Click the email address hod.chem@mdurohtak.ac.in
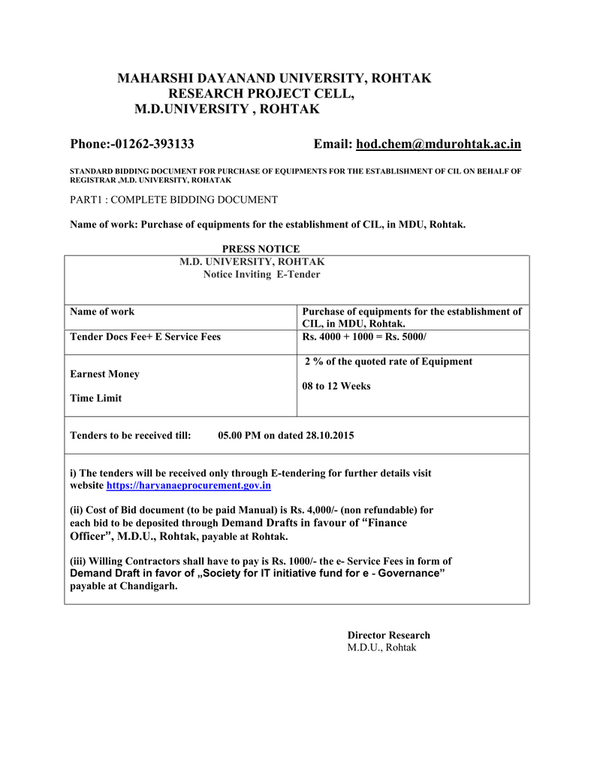439,144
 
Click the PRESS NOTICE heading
261,249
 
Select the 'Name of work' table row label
102,311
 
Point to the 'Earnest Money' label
104,374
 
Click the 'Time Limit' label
95,398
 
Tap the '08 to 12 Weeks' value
336,386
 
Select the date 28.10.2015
330,436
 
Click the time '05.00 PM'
240,436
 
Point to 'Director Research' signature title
388,635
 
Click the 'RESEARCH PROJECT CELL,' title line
261,94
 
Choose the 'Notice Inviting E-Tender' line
261,275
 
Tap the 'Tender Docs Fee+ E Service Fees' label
145,337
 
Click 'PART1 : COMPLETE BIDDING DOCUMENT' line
173,200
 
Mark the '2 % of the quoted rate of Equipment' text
388,362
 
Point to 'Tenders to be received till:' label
131,436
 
